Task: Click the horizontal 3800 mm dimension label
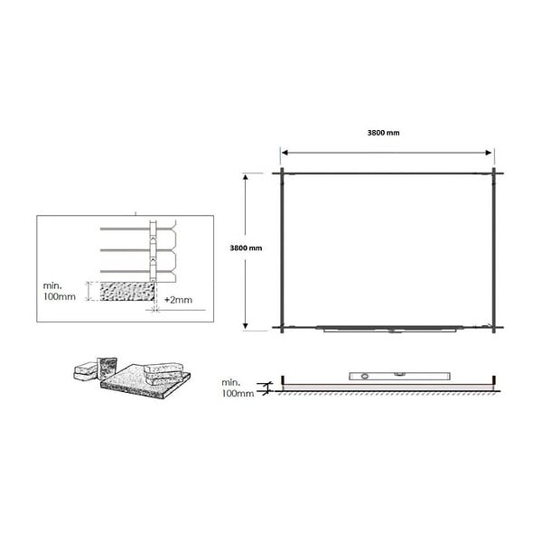(383, 133)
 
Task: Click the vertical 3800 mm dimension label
(246, 248)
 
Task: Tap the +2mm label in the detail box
(178, 300)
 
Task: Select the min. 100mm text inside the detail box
(59, 291)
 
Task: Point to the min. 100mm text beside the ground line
(238, 388)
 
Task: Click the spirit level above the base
(399, 376)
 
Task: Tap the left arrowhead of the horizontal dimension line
(285, 153)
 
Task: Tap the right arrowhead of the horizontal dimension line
(489, 153)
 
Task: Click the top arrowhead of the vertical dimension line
(246, 177)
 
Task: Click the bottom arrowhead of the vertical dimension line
(246, 325)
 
